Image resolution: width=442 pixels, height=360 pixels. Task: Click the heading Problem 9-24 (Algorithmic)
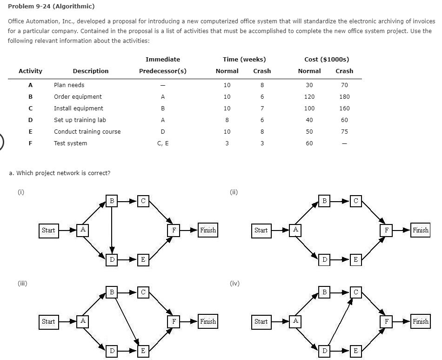(51, 6)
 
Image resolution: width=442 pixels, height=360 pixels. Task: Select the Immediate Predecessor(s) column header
(162, 65)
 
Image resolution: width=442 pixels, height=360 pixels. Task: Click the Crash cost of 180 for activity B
(344, 97)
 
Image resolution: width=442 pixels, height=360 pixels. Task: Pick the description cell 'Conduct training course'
(87, 132)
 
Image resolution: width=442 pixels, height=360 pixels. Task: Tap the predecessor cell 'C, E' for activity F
(162, 143)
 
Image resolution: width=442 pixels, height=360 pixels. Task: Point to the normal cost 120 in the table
(309, 97)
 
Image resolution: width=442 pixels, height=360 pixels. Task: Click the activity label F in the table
(30, 143)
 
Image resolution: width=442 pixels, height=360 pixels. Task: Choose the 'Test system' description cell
(70, 143)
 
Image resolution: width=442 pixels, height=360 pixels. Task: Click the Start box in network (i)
(48, 230)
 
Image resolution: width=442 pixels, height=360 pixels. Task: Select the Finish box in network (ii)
(420, 230)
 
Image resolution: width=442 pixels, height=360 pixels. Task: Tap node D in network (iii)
(112, 350)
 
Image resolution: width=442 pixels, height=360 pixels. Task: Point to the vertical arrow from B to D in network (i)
(112, 228)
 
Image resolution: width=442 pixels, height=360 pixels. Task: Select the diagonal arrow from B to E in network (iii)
(127, 320)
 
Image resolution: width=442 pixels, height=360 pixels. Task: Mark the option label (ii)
(234, 191)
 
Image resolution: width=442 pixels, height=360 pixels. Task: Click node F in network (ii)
(386, 230)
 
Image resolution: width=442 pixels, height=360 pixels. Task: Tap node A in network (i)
(83, 230)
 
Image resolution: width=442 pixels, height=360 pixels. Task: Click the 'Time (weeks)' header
(244, 60)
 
